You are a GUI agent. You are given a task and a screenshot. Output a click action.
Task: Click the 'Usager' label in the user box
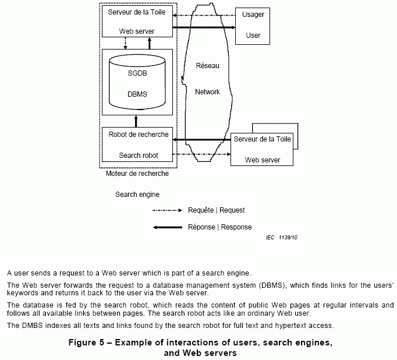click(x=253, y=15)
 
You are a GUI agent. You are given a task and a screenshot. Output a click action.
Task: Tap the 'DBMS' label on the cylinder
click(x=137, y=94)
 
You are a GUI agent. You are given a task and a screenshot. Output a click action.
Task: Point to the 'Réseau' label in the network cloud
click(x=208, y=66)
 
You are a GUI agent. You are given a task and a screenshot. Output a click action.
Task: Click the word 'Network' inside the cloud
click(x=207, y=92)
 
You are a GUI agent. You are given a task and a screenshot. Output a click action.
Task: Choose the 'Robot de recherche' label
click(x=139, y=135)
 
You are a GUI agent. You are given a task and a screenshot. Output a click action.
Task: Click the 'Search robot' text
click(x=139, y=156)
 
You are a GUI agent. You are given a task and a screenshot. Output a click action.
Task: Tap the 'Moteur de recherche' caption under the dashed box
click(x=137, y=174)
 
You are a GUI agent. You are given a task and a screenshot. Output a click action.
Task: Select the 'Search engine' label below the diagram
click(x=137, y=194)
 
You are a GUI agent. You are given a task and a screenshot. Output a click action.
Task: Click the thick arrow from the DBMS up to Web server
click(x=150, y=43)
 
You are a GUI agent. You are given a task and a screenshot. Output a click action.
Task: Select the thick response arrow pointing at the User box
click(x=204, y=27)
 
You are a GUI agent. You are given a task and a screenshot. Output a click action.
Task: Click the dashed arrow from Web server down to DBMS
click(x=126, y=43)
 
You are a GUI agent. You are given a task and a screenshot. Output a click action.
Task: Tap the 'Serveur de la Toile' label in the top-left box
click(x=136, y=12)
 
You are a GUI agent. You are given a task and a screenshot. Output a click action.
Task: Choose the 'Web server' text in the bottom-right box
click(x=262, y=160)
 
